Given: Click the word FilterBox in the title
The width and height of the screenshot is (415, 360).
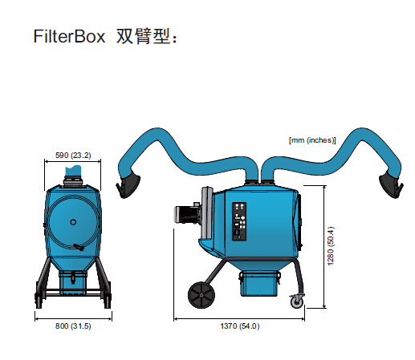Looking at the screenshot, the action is (69, 36).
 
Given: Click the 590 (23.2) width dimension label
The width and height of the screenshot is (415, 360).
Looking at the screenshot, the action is (73, 156).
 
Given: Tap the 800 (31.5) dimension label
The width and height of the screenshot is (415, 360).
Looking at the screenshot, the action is (73, 326).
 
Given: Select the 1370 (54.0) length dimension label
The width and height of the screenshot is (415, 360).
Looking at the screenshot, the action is (240, 326).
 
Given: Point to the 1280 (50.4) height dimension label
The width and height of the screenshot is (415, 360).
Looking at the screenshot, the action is (331, 246).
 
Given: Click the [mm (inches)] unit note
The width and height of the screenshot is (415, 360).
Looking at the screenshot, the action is (312, 140).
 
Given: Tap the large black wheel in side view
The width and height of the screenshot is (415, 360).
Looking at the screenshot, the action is (201, 295).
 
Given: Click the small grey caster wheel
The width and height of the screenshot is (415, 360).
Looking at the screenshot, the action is (297, 301).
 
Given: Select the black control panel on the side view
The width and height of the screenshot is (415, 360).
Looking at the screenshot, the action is (239, 221).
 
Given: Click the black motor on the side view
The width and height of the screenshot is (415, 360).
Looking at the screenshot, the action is (187, 214).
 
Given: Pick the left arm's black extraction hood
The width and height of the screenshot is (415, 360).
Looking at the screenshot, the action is (128, 185).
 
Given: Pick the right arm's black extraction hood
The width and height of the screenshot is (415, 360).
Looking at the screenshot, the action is (391, 185).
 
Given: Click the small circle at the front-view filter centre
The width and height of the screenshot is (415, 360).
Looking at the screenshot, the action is (73, 222).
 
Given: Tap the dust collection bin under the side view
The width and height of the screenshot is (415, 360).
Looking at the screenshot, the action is (259, 283).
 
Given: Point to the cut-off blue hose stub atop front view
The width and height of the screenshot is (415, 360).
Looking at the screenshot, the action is (73, 170).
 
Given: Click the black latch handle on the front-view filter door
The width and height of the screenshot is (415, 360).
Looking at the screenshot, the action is (79, 247).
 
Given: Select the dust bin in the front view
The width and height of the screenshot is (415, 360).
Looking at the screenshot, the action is (73, 283).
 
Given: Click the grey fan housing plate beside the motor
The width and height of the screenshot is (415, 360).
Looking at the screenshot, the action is (206, 212).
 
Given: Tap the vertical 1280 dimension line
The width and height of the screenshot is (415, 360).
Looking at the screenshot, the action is (324, 247).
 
